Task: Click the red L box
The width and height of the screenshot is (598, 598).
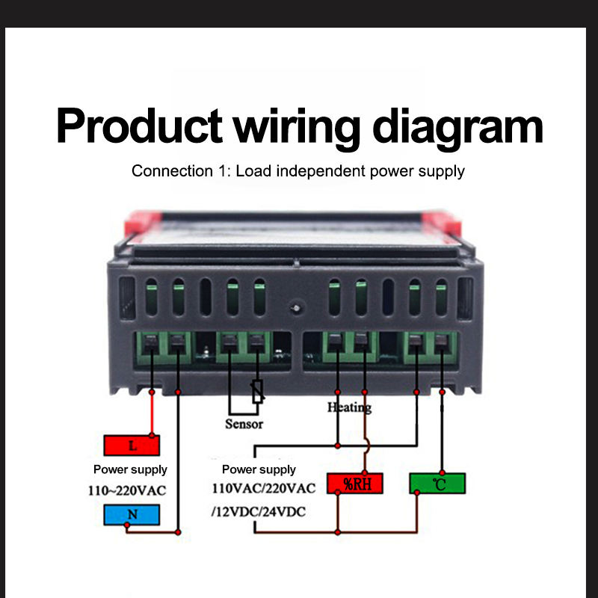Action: (132, 445)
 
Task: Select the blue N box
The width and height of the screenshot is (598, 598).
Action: (132, 514)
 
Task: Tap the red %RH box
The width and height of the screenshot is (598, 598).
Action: (355, 484)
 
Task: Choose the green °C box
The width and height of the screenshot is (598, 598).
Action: (437, 484)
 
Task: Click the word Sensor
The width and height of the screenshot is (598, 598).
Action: (244, 424)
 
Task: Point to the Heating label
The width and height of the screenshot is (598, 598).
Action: (349, 407)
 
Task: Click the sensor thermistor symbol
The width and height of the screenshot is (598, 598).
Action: (258, 391)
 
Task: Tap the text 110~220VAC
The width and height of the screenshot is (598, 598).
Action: (127, 490)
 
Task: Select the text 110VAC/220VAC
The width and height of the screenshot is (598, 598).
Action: (264, 488)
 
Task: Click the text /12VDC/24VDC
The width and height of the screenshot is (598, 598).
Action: (259, 511)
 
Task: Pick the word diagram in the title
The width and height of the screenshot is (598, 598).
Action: (457, 129)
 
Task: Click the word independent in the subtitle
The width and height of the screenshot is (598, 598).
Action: (321, 171)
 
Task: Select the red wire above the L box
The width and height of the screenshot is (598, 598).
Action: (152, 414)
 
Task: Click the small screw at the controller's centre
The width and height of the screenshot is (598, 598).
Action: (296, 308)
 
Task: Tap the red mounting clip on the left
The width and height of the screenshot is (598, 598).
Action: (142, 223)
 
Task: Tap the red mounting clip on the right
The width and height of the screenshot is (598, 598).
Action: (443, 223)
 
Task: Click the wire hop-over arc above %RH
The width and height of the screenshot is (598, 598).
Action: (367, 446)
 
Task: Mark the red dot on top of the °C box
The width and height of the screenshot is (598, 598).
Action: (442, 473)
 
